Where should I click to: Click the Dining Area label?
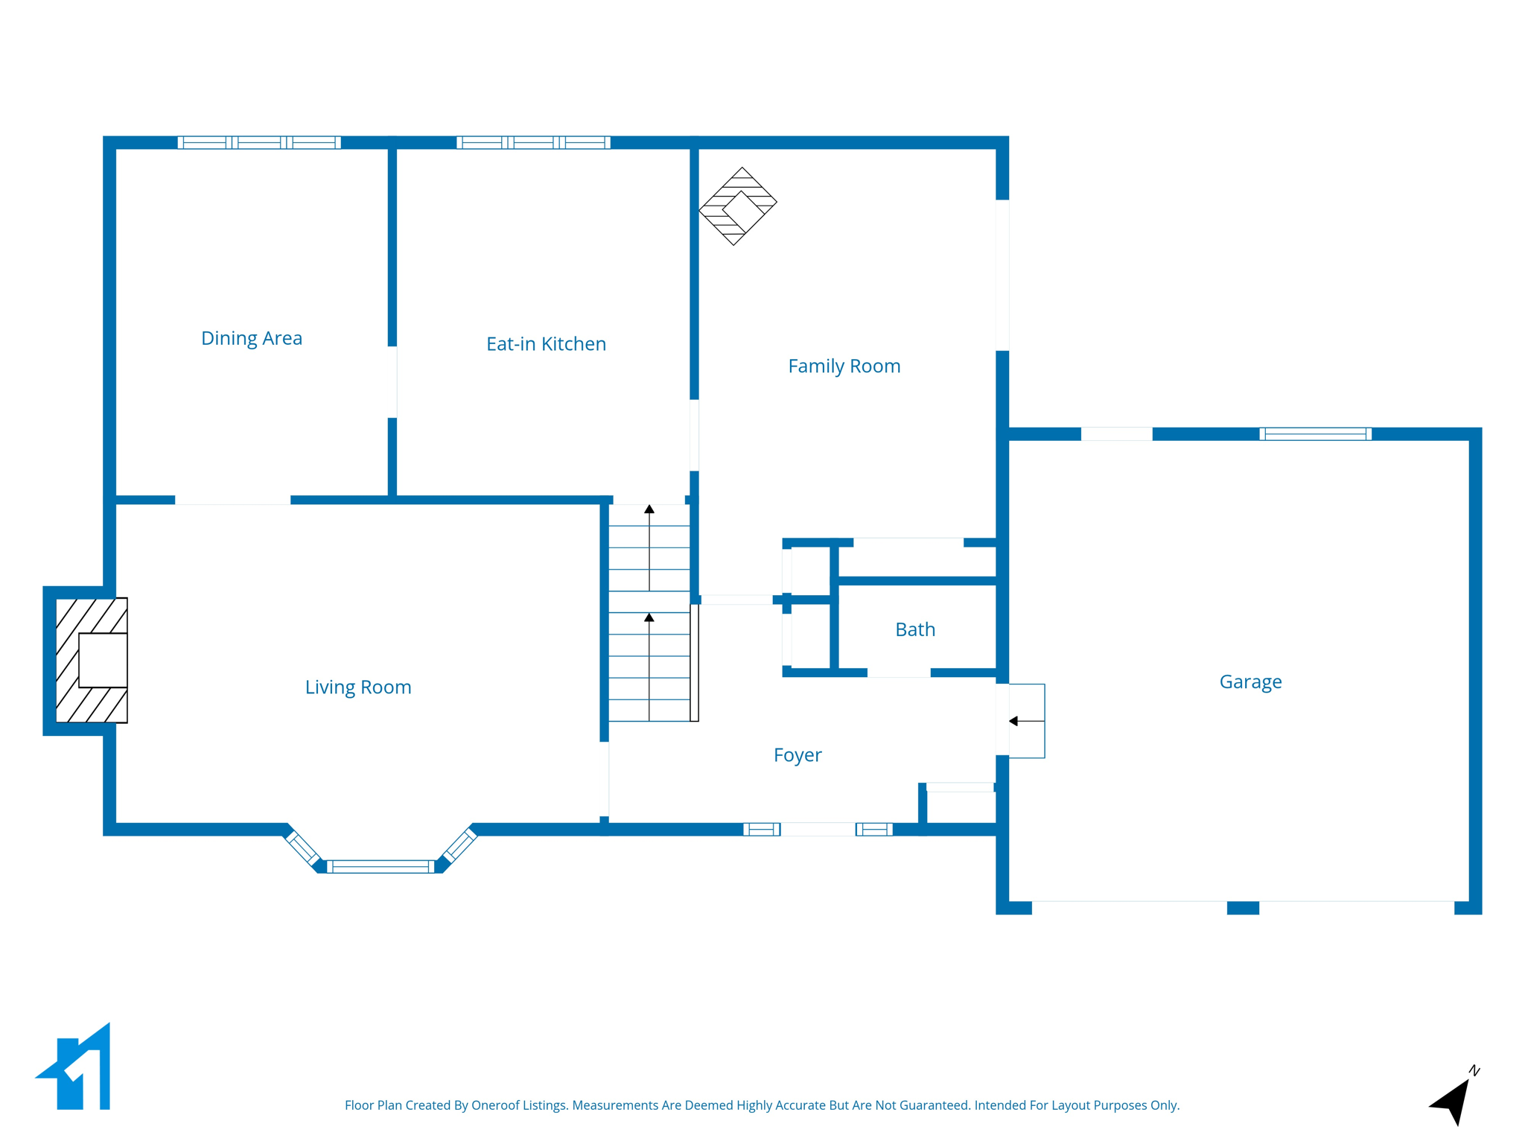coord(252,338)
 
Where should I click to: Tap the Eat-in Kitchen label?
coord(546,344)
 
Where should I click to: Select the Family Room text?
coord(844,366)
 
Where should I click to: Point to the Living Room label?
coord(358,687)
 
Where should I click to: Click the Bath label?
coord(915,629)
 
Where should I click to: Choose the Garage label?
coord(1250,681)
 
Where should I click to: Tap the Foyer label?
coord(797,754)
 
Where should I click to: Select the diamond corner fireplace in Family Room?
coord(737,206)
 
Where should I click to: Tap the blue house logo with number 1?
coord(78,1070)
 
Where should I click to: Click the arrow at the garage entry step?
coord(1014,721)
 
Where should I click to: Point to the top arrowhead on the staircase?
coord(649,509)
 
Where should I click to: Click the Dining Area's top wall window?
coord(259,142)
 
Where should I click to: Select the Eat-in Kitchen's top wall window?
coord(533,142)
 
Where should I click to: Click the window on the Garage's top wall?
coord(1315,434)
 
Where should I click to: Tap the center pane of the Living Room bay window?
coord(380,866)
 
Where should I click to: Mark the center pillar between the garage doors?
coord(1243,908)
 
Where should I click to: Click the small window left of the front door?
coord(761,829)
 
